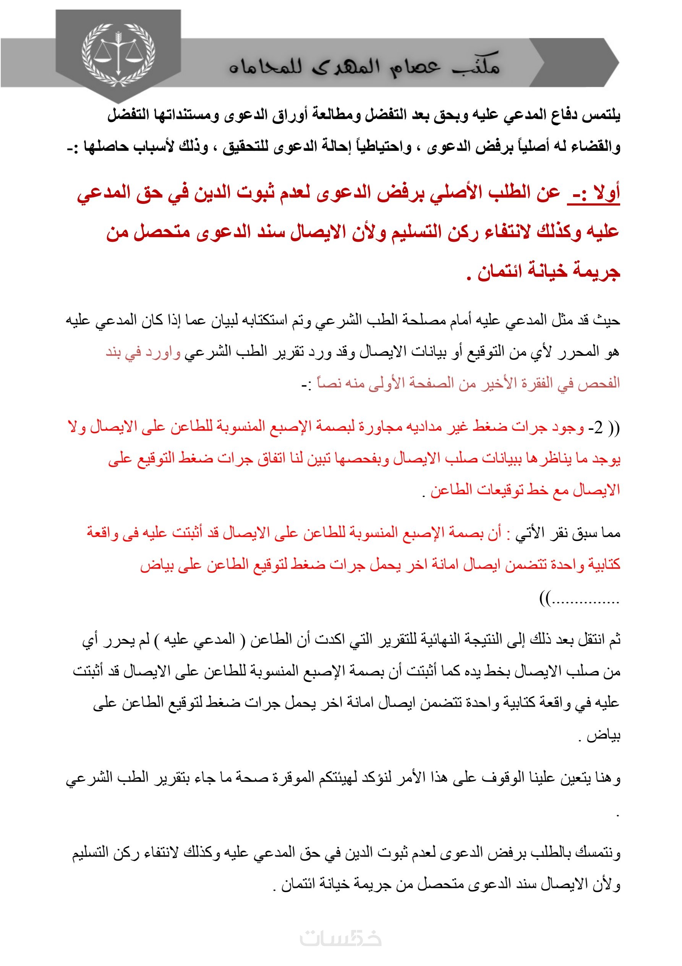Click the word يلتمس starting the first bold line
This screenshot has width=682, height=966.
coord(601,116)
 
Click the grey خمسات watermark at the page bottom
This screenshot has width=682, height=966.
coord(340,940)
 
